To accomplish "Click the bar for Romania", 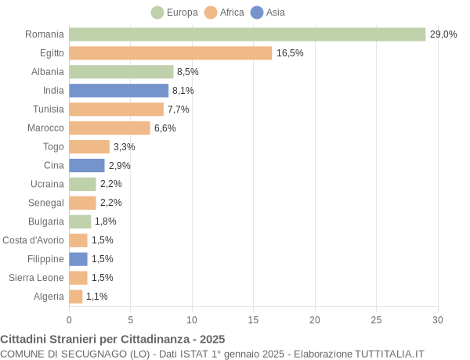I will [247, 34].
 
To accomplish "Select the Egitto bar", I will [170, 53].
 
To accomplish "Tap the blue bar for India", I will [118, 90].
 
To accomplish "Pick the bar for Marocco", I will [109, 128].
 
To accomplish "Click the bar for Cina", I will [86, 165].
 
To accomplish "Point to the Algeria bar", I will [75, 296].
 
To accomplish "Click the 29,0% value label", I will [443, 34].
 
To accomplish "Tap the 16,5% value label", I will [290, 53].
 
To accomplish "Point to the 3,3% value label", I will [124, 146].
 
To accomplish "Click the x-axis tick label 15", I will [253, 319].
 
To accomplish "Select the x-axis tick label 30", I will [437, 319].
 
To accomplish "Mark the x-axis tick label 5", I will [130, 319].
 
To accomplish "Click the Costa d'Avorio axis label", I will [34, 240].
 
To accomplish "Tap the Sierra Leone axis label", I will [36, 277].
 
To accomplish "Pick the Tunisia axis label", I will [49, 109].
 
